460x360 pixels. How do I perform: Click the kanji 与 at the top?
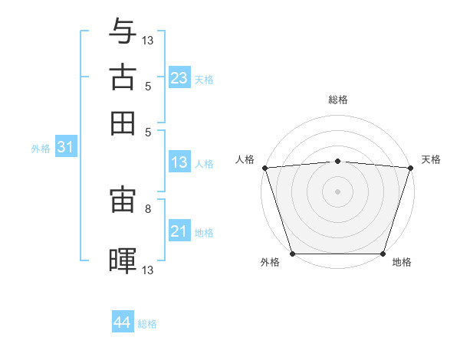coord(123,33)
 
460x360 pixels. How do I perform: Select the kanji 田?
coord(123,123)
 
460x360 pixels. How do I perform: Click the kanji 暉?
coord(123,260)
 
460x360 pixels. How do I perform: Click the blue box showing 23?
coord(179,78)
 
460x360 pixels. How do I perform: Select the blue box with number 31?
coord(65,148)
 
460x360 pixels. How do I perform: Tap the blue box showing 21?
coord(179,231)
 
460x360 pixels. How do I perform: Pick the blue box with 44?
coord(122,322)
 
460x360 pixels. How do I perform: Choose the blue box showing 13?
coord(179,162)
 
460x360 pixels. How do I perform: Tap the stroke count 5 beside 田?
coord(147,131)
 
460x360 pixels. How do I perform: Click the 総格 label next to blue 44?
coord(147,324)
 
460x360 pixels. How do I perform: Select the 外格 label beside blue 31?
coord(40,149)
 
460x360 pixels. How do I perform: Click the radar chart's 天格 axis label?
coord(431,159)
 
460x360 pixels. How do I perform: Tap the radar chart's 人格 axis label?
coord(245,159)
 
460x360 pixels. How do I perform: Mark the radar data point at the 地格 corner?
coord(383,254)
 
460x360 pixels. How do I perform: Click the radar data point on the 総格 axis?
coord(337,161)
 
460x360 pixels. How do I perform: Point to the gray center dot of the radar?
coord(337,191)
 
